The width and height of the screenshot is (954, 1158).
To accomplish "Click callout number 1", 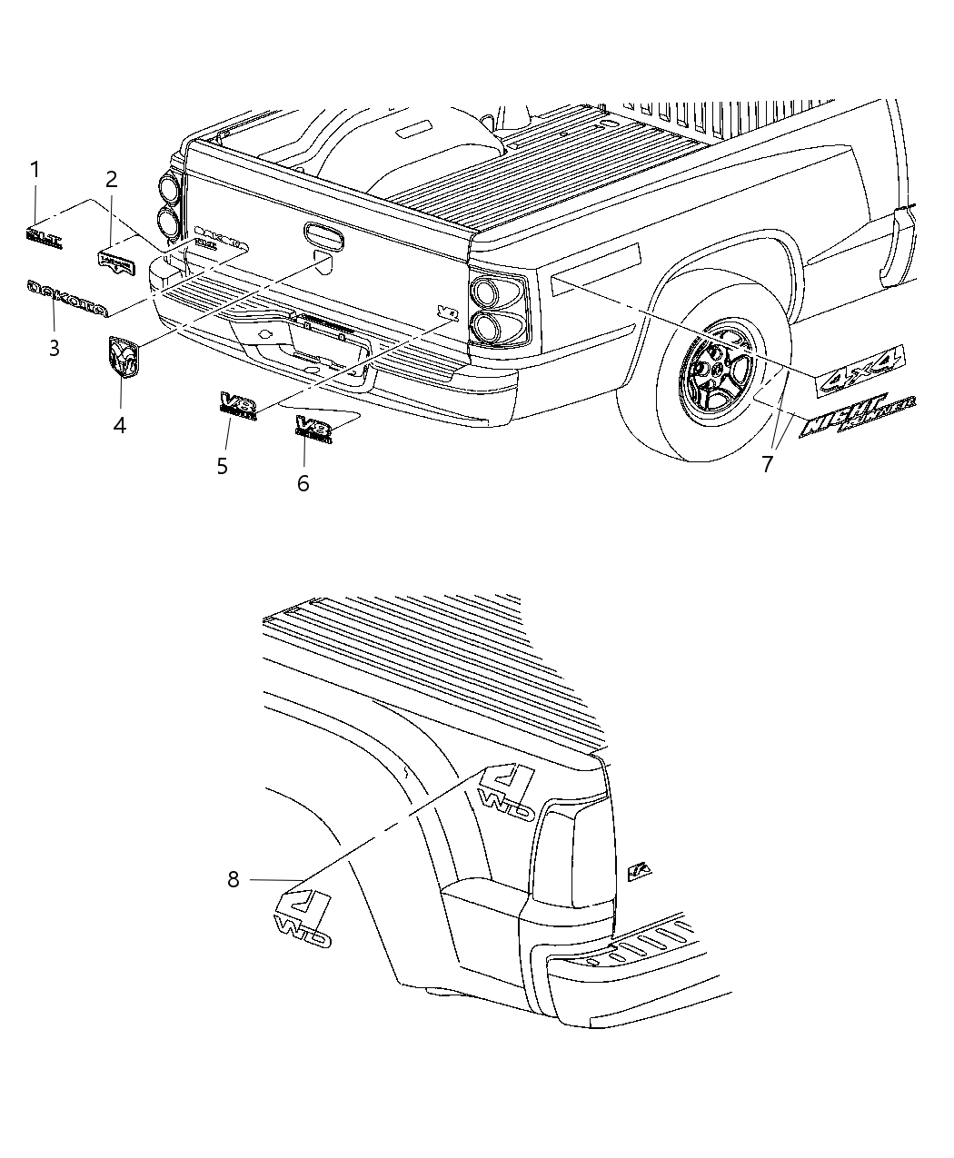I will coord(35,170).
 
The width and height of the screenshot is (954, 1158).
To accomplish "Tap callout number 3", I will coord(54,348).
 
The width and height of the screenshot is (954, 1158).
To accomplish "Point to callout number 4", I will coord(120,424).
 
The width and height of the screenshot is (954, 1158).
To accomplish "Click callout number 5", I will coord(222,466).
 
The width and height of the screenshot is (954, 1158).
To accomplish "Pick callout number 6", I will coord(303,483).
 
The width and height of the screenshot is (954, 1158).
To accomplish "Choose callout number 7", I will coord(768,464).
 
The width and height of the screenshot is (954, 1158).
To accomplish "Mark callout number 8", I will coord(234,879).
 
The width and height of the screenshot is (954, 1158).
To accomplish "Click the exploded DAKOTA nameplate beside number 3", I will coord(67,299).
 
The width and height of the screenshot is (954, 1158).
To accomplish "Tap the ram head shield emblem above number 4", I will coord(124,355).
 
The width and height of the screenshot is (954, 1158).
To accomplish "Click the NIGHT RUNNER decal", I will coord(858,416).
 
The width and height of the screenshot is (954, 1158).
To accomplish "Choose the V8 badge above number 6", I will coord(314,427).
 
